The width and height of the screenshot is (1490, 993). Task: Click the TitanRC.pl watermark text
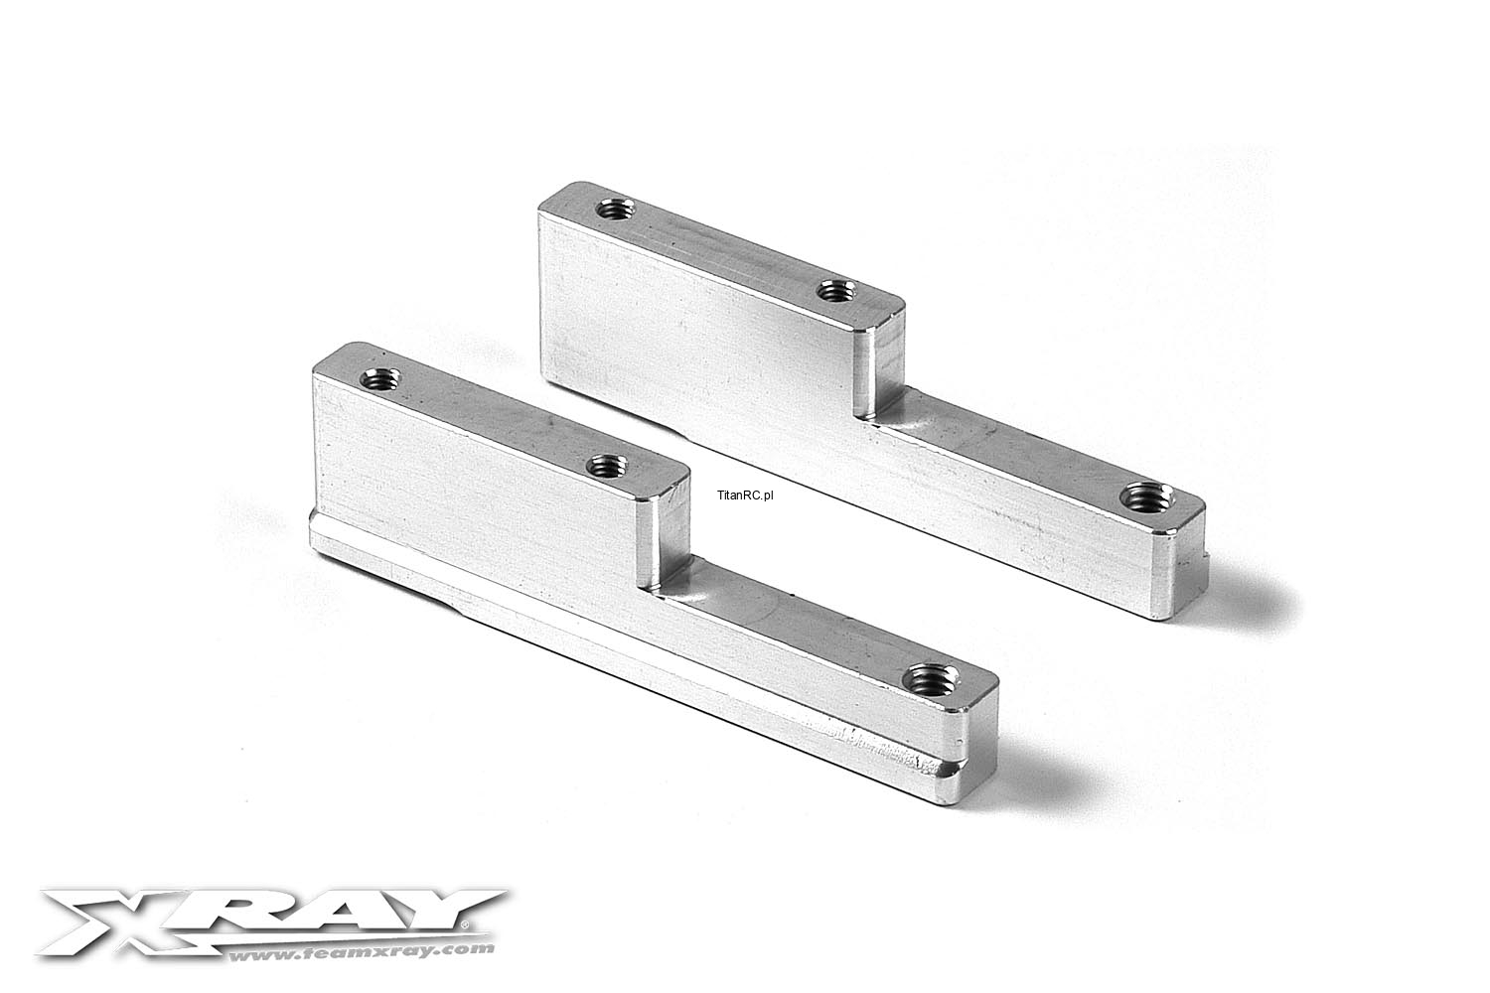[746, 495]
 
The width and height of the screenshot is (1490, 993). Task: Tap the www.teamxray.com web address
[362, 952]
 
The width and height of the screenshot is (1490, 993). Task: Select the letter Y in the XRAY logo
[438, 909]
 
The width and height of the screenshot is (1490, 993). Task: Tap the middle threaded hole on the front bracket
[608, 466]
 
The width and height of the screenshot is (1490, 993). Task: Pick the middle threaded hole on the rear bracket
[836, 291]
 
